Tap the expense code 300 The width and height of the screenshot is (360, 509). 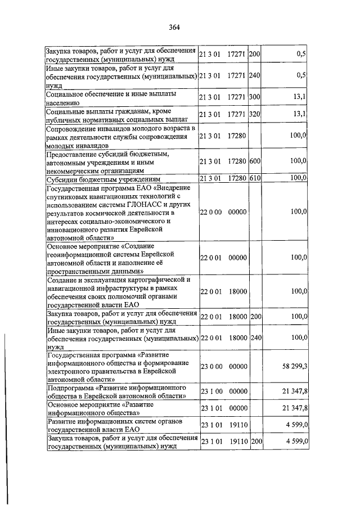coord(254,97)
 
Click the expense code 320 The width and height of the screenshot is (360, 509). coord(254,115)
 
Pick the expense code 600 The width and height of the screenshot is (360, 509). coord(254,162)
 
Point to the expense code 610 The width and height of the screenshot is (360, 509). coord(254,178)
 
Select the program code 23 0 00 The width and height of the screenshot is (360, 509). coord(211,366)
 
